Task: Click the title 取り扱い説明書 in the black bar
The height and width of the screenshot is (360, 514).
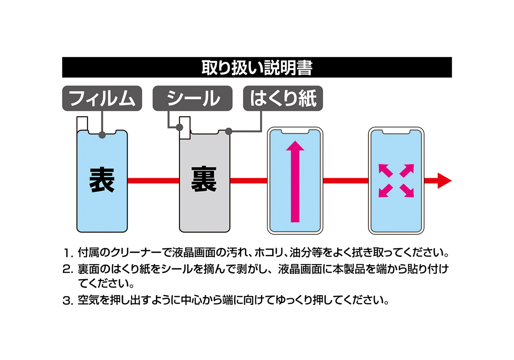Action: pyautogui.click(x=257, y=68)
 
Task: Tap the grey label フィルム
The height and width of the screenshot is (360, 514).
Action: pyautogui.click(x=102, y=98)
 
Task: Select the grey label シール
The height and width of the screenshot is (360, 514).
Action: pyautogui.click(x=193, y=98)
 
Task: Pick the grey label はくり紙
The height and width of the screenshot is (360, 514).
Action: pyautogui.click(x=283, y=98)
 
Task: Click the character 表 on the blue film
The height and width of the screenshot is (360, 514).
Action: pyautogui.click(x=102, y=180)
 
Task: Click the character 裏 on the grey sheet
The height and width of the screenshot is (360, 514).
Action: pyautogui.click(x=204, y=179)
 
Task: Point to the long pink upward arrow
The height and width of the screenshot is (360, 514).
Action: pyautogui.click(x=295, y=181)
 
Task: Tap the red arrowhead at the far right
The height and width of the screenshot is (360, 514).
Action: pyautogui.click(x=445, y=181)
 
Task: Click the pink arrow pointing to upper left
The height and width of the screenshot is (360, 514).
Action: pyautogui.click(x=385, y=171)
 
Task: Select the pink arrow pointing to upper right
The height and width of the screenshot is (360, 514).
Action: pyautogui.click(x=407, y=171)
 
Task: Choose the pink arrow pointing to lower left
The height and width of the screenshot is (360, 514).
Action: pyautogui.click(x=385, y=191)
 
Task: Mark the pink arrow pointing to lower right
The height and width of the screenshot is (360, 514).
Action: pyautogui.click(x=407, y=191)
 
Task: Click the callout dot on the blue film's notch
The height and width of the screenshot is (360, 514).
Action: pyautogui.click(x=102, y=135)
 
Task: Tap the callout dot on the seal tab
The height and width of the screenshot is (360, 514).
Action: pyautogui.click(x=179, y=127)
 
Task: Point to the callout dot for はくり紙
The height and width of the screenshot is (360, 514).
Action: pyautogui.click(x=228, y=131)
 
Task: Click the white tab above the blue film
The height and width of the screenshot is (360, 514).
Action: pyautogui.click(x=82, y=123)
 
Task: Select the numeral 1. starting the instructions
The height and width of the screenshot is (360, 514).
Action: pyautogui.click(x=68, y=253)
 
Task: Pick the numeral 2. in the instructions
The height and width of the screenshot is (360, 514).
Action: pyautogui.click(x=68, y=270)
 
